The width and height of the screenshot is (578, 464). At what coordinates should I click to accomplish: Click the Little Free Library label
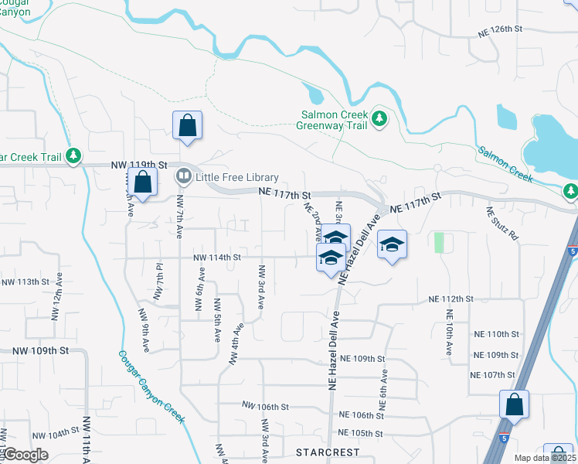(x=236, y=177)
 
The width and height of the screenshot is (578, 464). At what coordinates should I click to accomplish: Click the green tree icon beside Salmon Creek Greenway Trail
(x=379, y=118)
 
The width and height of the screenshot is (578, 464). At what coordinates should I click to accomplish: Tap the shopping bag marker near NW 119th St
(x=143, y=183)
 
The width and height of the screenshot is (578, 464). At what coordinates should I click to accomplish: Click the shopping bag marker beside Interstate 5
(x=514, y=404)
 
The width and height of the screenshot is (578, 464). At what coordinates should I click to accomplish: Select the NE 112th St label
(x=450, y=299)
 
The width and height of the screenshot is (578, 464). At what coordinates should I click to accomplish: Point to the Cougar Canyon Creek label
(x=151, y=387)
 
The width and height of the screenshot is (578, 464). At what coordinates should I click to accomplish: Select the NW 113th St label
(x=26, y=281)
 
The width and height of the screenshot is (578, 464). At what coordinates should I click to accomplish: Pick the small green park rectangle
(x=440, y=242)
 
